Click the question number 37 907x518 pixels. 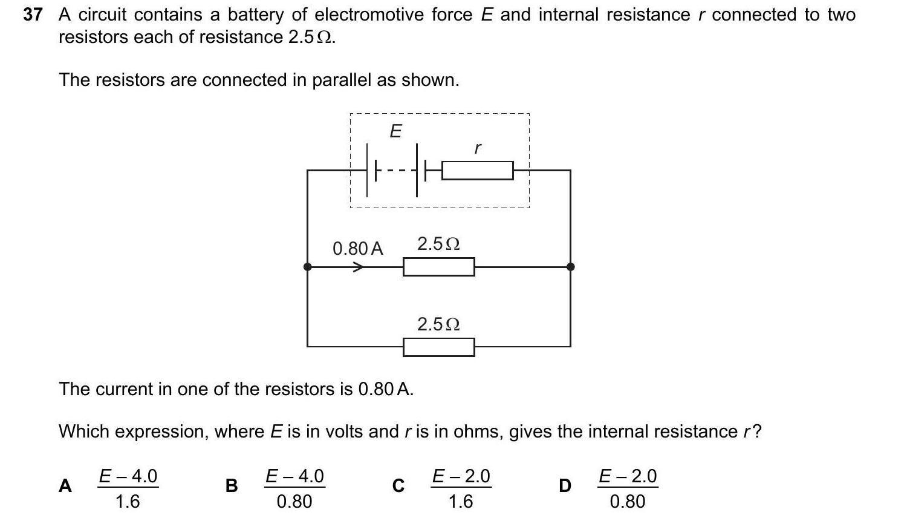point(33,15)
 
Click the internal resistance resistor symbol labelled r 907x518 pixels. point(477,171)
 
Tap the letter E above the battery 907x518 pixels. point(395,131)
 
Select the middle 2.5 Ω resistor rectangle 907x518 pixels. point(438,267)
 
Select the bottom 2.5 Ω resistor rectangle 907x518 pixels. point(438,347)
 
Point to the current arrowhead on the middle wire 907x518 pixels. point(359,267)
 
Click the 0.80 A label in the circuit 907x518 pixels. point(357,248)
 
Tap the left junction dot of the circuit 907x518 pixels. point(308,267)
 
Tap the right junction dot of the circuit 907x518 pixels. point(570,267)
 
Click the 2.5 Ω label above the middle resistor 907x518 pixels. point(438,244)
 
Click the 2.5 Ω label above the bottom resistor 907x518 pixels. point(438,324)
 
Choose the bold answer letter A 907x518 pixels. point(65,486)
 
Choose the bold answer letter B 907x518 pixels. point(231,486)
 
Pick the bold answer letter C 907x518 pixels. point(398,486)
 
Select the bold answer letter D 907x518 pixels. point(565,486)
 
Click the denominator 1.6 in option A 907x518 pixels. point(128,501)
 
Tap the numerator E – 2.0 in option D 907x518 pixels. point(628,476)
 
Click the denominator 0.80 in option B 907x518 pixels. point(294,501)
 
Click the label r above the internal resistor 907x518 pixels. point(477,148)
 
